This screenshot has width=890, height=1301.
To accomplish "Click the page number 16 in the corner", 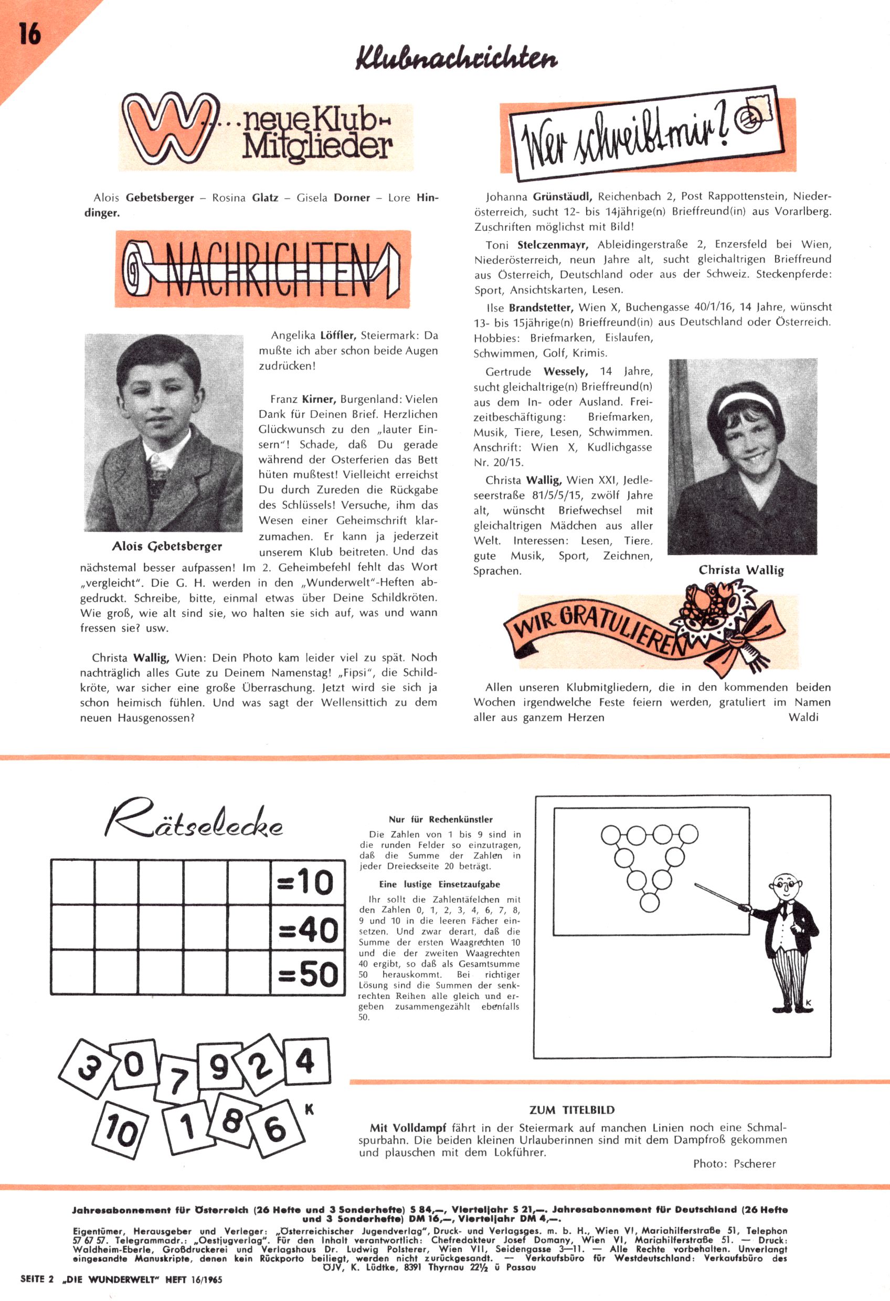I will coord(30,34).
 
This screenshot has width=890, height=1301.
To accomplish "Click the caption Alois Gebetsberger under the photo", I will coord(167,546).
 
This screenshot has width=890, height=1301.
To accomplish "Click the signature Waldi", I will coord(803,717).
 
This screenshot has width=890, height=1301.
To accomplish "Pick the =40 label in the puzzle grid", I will coord(309,931).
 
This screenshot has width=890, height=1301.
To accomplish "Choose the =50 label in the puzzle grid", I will coord(309,975).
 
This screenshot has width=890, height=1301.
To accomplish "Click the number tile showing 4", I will coord(305,1061).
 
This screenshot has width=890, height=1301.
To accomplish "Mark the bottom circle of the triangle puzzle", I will coord(649,902).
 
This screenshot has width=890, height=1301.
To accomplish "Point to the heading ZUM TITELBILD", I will coord(572,1110).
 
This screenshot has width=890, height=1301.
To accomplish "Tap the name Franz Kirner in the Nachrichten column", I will coord(303,399).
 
